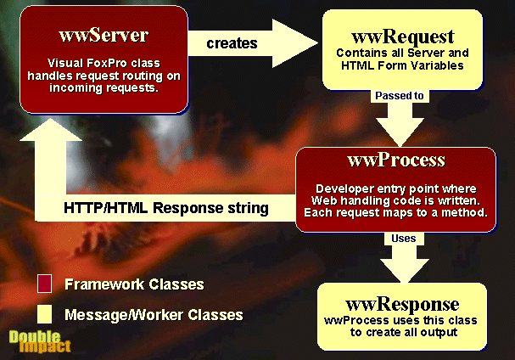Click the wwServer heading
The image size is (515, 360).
coord(104,35)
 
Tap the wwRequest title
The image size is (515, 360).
coord(403,37)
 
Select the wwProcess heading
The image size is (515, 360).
coord(396,160)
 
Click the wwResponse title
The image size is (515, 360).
coord(402,304)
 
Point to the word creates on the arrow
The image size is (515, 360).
coord(232,43)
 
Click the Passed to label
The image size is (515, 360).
coord(400,96)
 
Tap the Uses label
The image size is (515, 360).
coord(403,238)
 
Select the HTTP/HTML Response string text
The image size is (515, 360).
coord(166,208)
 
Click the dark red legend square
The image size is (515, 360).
coord(44,284)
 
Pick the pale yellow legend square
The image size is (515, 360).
coord(44,314)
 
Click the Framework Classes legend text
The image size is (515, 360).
coord(134,284)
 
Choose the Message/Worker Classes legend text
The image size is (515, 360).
coord(154,315)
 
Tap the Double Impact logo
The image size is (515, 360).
coord(40,341)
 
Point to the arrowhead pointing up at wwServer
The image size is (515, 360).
coord(51,130)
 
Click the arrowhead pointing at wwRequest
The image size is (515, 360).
coord(295,43)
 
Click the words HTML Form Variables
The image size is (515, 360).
coord(402,65)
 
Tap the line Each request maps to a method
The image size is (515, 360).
coord(395,213)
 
